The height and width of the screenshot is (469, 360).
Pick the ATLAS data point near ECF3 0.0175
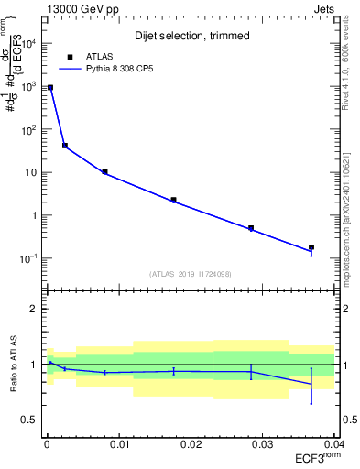click(x=173, y=200)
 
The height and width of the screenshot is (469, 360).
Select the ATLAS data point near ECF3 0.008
click(x=104, y=171)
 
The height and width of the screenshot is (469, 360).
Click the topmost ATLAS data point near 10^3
click(x=50, y=88)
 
